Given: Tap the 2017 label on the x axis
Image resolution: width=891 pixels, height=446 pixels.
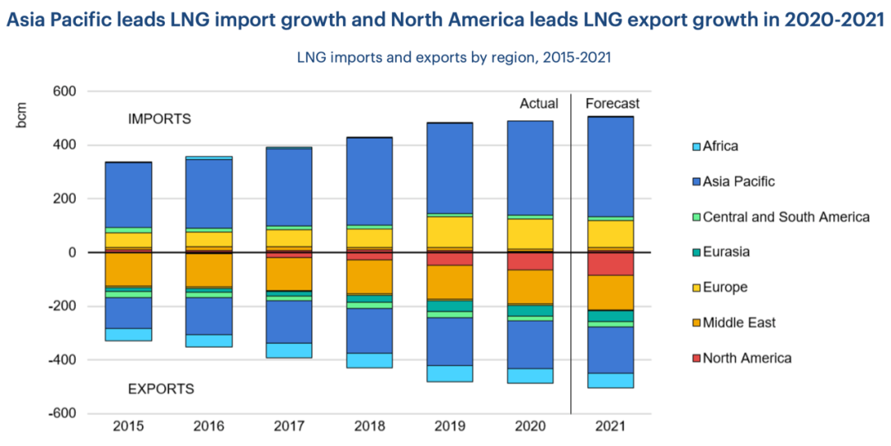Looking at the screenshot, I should pos(288,427).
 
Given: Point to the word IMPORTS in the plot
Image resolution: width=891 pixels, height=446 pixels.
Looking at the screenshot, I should pos(159,120).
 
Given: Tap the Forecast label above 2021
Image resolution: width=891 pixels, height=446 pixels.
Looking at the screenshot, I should pos(612,104).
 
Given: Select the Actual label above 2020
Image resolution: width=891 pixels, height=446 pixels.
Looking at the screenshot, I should pos(539,104).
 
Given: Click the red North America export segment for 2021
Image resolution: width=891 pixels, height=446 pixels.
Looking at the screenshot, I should pos(610,264).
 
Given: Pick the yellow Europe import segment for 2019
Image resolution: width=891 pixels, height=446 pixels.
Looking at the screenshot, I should pos(450,232).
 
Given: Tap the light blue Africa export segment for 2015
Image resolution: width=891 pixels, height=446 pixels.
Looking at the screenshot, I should pos(128,335).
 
